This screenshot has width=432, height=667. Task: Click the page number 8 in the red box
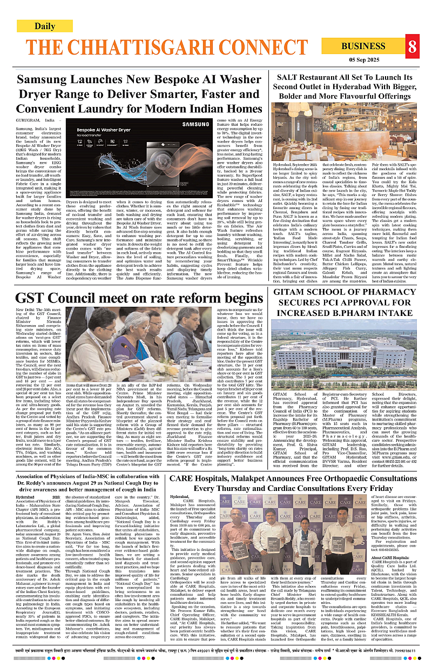413,47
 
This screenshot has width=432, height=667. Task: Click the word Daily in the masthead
45,26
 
